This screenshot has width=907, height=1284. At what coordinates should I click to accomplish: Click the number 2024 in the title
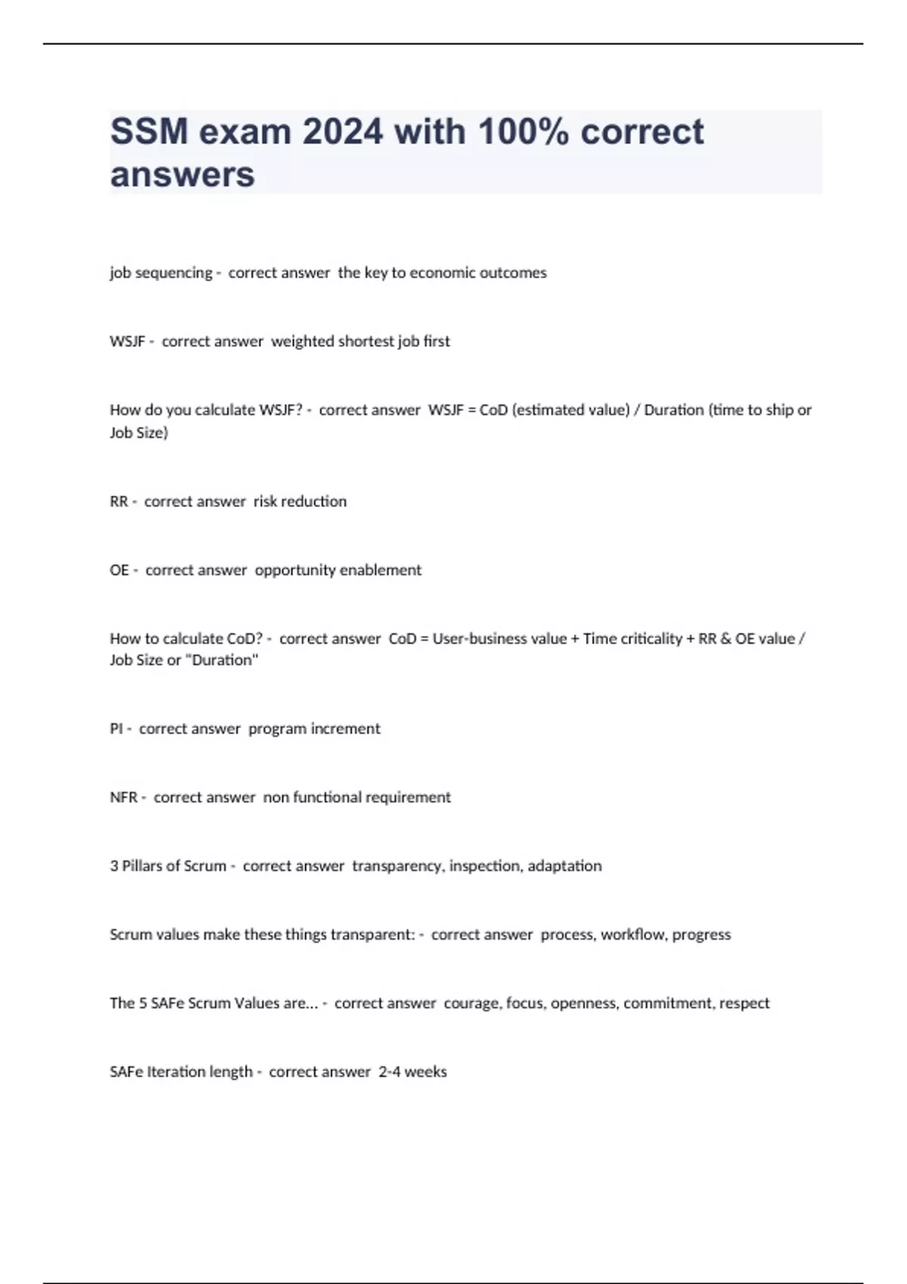pyautogui.click(x=342, y=131)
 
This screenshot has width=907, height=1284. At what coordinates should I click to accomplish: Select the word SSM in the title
pyautogui.click(x=149, y=131)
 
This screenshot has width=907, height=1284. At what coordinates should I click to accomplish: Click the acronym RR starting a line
pyautogui.click(x=119, y=502)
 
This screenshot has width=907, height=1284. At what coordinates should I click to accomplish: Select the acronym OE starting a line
pyautogui.click(x=119, y=570)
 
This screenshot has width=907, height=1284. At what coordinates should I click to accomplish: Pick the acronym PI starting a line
pyautogui.click(x=116, y=729)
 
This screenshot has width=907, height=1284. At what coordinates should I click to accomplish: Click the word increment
pyautogui.click(x=345, y=729)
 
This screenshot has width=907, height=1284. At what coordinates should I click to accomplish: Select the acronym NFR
pyautogui.click(x=124, y=798)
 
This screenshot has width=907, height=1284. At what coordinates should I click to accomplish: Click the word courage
pyautogui.click(x=472, y=1004)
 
